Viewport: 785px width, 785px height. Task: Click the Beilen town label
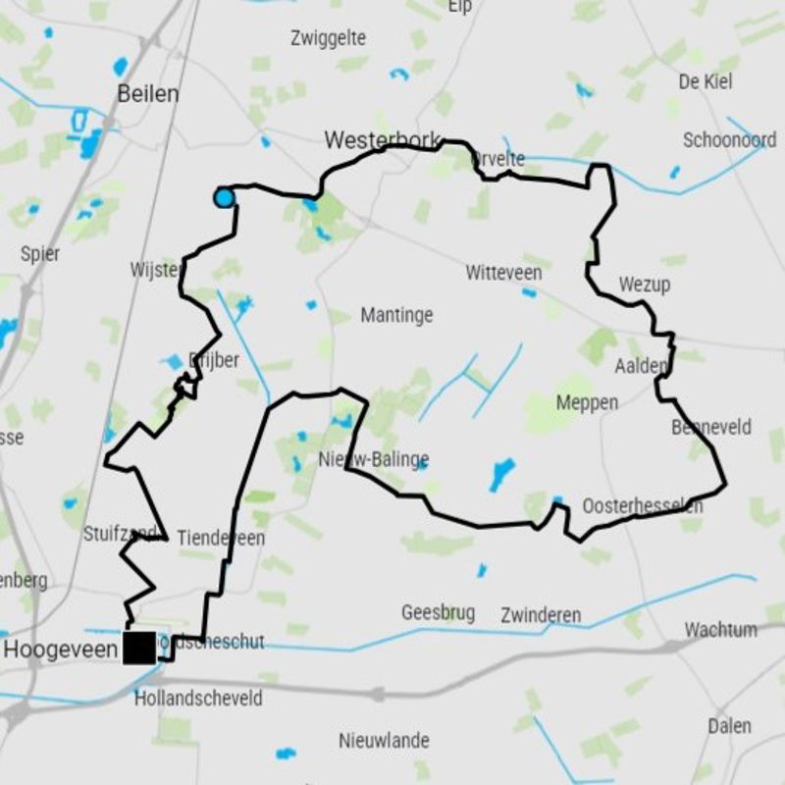pos(147,94)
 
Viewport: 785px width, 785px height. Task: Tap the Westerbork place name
pos(382,140)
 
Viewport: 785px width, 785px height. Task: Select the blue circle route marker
pos(224,198)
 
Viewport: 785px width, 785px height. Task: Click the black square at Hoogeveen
pos(139,648)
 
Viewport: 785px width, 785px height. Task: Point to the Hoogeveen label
pos(61,649)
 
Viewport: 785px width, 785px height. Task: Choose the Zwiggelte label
pos(329,38)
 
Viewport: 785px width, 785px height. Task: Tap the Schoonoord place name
pos(729,140)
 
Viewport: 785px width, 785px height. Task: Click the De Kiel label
pos(705,81)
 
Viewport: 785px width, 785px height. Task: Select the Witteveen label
pos(503,272)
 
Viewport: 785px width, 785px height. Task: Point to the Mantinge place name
pos(396,315)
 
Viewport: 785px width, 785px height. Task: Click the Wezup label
pos(644,285)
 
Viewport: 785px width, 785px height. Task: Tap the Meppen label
pos(587,402)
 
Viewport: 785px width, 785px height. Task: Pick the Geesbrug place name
pos(438,613)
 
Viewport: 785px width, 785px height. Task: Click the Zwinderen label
pos(540,615)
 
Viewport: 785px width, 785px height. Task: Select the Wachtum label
pos(720,629)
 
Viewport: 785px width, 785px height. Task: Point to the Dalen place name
pos(729,726)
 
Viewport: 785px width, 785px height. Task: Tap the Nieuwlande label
pos(384,740)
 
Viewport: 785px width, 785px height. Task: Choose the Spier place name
pos(40,253)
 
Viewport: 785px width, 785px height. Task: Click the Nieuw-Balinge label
pos(374,459)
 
